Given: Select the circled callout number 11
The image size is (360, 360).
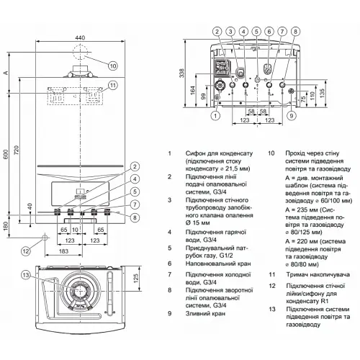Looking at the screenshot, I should pyautogui.click(x=112, y=87).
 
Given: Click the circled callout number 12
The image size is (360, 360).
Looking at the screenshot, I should pyautogui.click(x=25, y=251).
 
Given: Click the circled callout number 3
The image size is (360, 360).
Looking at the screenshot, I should pyautogui.click(x=230, y=32).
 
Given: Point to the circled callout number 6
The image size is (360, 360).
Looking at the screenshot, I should pyautogui.click(x=269, y=32).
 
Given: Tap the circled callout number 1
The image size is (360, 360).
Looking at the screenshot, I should pyautogui.click(x=214, y=115).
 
